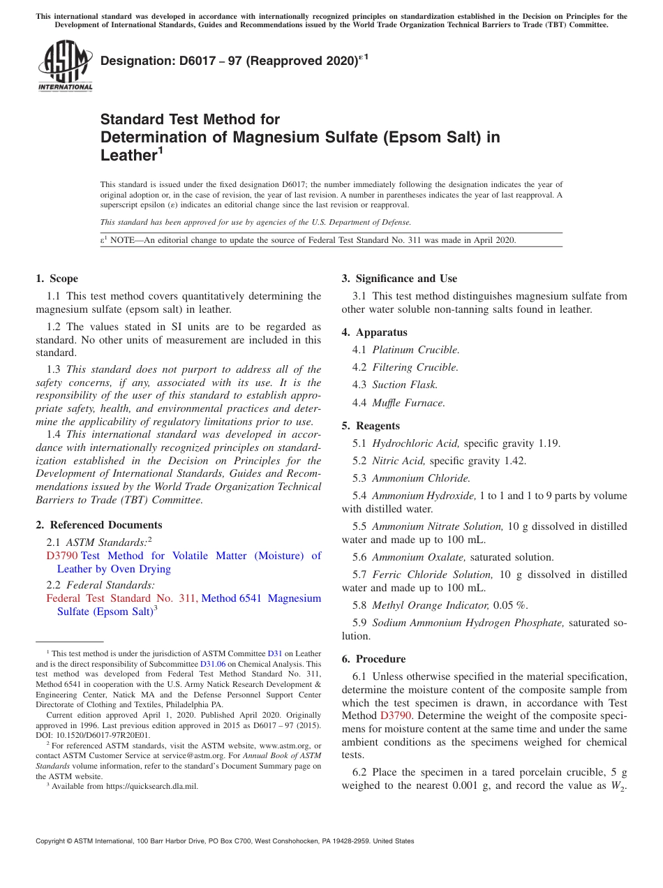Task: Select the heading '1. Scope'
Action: tap(57, 279)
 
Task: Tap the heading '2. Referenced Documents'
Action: tap(99, 525)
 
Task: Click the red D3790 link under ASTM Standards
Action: tap(61, 556)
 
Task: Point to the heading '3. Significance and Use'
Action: tap(399, 279)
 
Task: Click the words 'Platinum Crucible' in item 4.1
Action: tap(415, 350)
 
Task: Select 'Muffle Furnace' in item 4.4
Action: tap(408, 403)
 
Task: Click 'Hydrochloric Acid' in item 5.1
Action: tap(415, 443)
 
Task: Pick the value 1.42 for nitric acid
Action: tap(515, 461)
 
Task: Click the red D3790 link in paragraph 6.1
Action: tap(396, 716)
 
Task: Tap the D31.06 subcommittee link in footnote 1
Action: tap(213, 664)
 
